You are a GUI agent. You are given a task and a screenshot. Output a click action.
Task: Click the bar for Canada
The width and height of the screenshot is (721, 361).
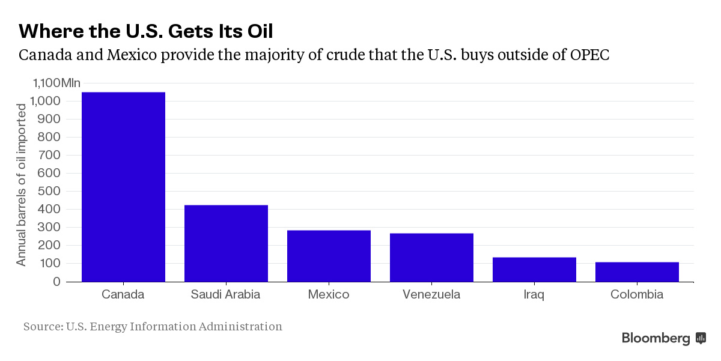123,186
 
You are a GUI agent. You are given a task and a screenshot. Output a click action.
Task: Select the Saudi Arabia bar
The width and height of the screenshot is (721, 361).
226,243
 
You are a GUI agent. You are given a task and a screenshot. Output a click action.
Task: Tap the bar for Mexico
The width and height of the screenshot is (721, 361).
329,256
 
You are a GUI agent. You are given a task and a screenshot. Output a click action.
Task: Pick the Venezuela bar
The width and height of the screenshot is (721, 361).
431,257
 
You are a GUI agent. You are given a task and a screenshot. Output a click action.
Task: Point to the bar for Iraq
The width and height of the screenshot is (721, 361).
534,269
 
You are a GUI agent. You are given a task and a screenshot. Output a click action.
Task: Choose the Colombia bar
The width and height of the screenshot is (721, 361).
637,272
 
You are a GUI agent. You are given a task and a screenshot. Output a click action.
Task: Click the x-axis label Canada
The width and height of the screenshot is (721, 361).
123,294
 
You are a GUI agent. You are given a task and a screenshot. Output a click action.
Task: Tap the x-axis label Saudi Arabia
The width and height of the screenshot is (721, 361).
226,294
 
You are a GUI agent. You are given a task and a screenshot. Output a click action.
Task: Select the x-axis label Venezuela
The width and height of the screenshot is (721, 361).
431,294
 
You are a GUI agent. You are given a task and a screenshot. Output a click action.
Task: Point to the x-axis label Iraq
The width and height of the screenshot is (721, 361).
534,294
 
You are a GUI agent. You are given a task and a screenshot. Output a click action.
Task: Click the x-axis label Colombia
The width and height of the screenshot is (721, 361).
637,294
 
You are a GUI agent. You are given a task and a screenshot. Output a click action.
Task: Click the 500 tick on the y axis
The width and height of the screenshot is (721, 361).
49,191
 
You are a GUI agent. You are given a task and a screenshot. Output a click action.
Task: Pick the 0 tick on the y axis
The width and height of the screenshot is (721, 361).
56,281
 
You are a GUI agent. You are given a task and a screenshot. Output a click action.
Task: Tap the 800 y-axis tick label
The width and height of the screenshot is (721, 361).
49,137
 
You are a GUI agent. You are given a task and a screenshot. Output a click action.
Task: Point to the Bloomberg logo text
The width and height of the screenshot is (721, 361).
656,338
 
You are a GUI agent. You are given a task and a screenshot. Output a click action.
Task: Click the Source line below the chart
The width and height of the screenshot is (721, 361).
153,327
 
